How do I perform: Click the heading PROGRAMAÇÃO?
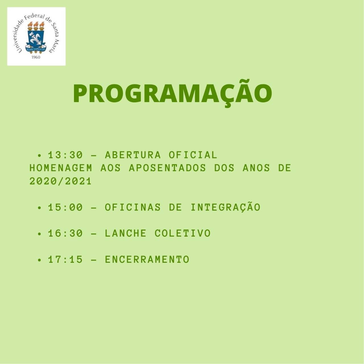click(172, 93)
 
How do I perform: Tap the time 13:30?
click(65, 155)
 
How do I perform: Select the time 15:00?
click(65, 207)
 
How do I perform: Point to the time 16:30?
click(65, 233)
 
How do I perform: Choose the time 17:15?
click(65, 259)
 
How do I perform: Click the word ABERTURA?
click(133, 155)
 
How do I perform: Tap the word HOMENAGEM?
click(61, 168)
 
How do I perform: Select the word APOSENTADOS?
click(167, 168)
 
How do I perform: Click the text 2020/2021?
click(61, 181)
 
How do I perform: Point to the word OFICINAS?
click(133, 207)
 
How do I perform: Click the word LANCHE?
click(126, 233)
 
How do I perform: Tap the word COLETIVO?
click(183, 233)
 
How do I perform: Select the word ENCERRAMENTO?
click(147, 259)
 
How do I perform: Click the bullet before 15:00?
click(39, 208)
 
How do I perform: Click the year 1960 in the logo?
click(36, 57)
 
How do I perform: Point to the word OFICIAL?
click(193, 155)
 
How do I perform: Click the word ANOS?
click(256, 168)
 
